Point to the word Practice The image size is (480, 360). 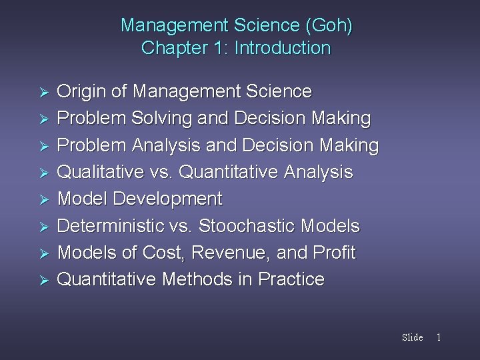click(291, 279)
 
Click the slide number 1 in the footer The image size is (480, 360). click(438, 337)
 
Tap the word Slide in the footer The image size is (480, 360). click(412, 337)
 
